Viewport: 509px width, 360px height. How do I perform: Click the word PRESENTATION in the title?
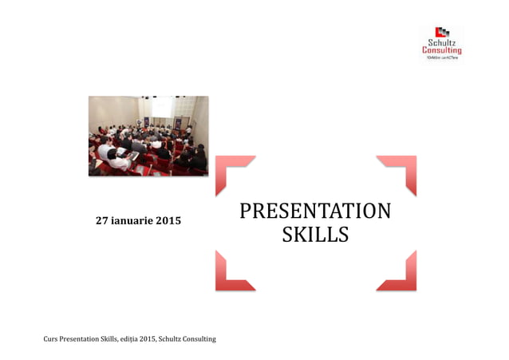(315, 211)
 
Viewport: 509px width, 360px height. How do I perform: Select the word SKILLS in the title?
(315, 235)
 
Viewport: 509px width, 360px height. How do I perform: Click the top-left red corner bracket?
(232, 172)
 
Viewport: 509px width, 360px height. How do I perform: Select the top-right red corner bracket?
(400, 172)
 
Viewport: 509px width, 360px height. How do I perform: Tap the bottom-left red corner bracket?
(232, 273)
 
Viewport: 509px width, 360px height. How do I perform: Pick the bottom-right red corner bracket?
(400, 273)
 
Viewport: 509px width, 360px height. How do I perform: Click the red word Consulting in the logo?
(441, 51)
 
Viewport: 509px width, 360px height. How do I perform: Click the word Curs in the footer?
(51, 339)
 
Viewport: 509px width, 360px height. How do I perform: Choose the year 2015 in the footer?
(149, 339)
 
